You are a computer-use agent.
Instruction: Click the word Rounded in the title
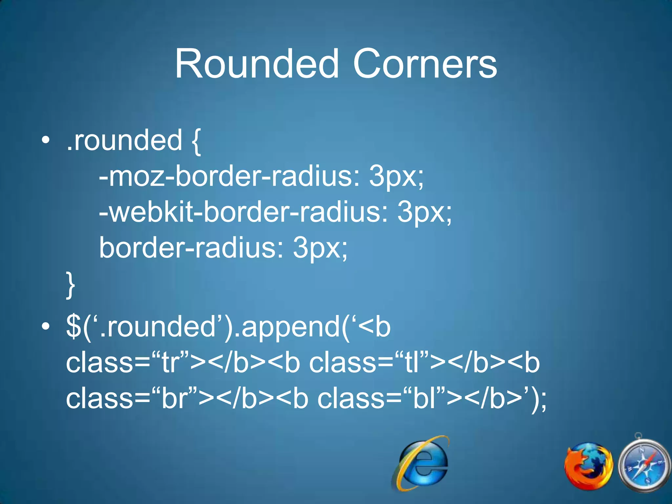(x=256, y=64)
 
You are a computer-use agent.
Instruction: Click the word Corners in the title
(x=425, y=64)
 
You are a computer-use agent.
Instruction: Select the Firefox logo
(x=588, y=466)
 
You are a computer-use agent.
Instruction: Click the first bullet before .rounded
(x=46, y=141)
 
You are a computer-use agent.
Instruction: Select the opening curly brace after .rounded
(x=195, y=141)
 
